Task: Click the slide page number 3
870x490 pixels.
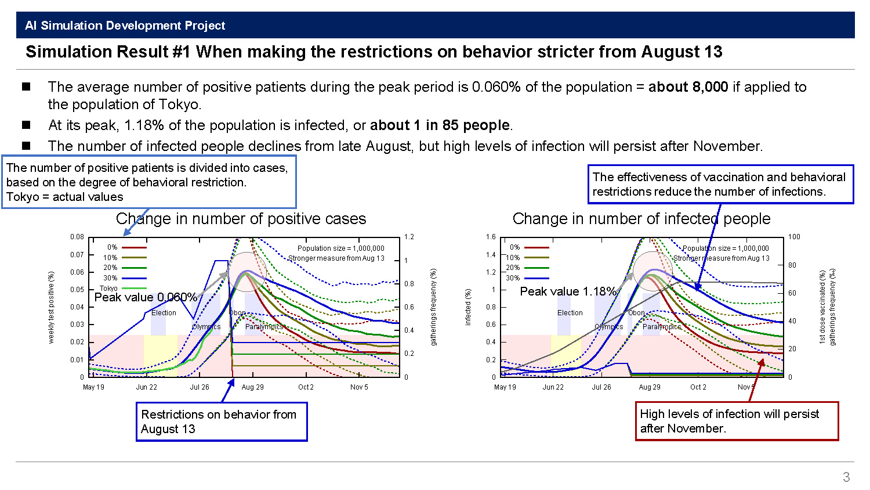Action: pyautogui.click(x=846, y=477)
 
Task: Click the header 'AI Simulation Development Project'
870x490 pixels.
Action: pyautogui.click(x=125, y=26)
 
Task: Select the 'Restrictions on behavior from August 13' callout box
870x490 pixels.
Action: pyautogui.click(x=222, y=422)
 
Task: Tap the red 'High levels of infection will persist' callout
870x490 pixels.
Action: pyautogui.click(x=737, y=421)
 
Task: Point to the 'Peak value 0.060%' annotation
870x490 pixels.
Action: pyautogui.click(x=146, y=297)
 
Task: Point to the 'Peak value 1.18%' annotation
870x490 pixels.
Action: pyautogui.click(x=568, y=291)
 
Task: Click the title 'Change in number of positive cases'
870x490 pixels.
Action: pyautogui.click(x=241, y=219)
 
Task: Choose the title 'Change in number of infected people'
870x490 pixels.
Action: pyautogui.click(x=641, y=219)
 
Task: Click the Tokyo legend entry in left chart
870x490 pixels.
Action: pyautogui.click(x=109, y=288)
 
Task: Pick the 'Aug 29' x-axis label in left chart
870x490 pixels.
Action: pyautogui.click(x=252, y=387)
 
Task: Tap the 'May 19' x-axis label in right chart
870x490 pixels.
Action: pyautogui.click(x=505, y=387)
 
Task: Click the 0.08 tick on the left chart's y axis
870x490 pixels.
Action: pyautogui.click(x=77, y=237)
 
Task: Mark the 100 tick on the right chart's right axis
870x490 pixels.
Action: pyautogui.click(x=794, y=237)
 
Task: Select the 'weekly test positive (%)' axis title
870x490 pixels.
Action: pyautogui.click(x=51, y=307)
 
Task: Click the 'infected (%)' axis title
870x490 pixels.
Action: pyautogui.click(x=468, y=307)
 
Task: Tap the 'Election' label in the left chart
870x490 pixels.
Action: pyautogui.click(x=164, y=313)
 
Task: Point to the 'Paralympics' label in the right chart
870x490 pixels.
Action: pyautogui.click(x=662, y=327)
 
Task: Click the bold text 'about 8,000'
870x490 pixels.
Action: pyautogui.click(x=688, y=87)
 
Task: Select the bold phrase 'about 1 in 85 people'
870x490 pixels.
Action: pyautogui.click(x=440, y=125)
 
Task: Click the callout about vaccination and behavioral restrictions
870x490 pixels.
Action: pyautogui.click(x=720, y=184)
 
